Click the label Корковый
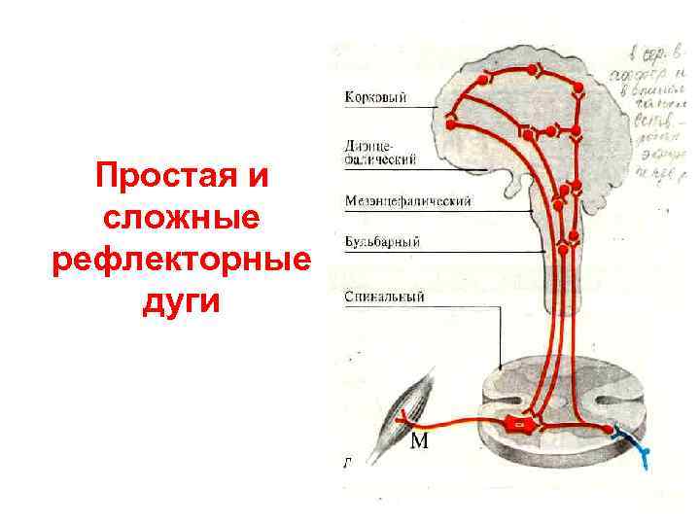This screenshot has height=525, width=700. pyautogui.click(x=375, y=97)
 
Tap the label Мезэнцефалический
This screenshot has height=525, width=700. pyautogui.click(x=408, y=201)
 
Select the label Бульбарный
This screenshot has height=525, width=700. pyautogui.click(x=382, y=241)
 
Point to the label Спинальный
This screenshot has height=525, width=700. pyautogui.click(x=385, y=297)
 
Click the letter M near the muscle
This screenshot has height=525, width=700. pyautogui.click(x=420, y=443)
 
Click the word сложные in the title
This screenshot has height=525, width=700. pyautogui.click(x=180, y=220)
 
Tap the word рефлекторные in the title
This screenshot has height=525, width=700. pyautogui.click(x=180, y=262)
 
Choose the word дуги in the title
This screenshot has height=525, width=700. pyautogui.click(x=180, y=303)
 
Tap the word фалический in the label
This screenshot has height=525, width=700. pyautogui.click(x=381, y=157)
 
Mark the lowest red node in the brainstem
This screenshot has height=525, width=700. pyautogui.click(x=562, y=252)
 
